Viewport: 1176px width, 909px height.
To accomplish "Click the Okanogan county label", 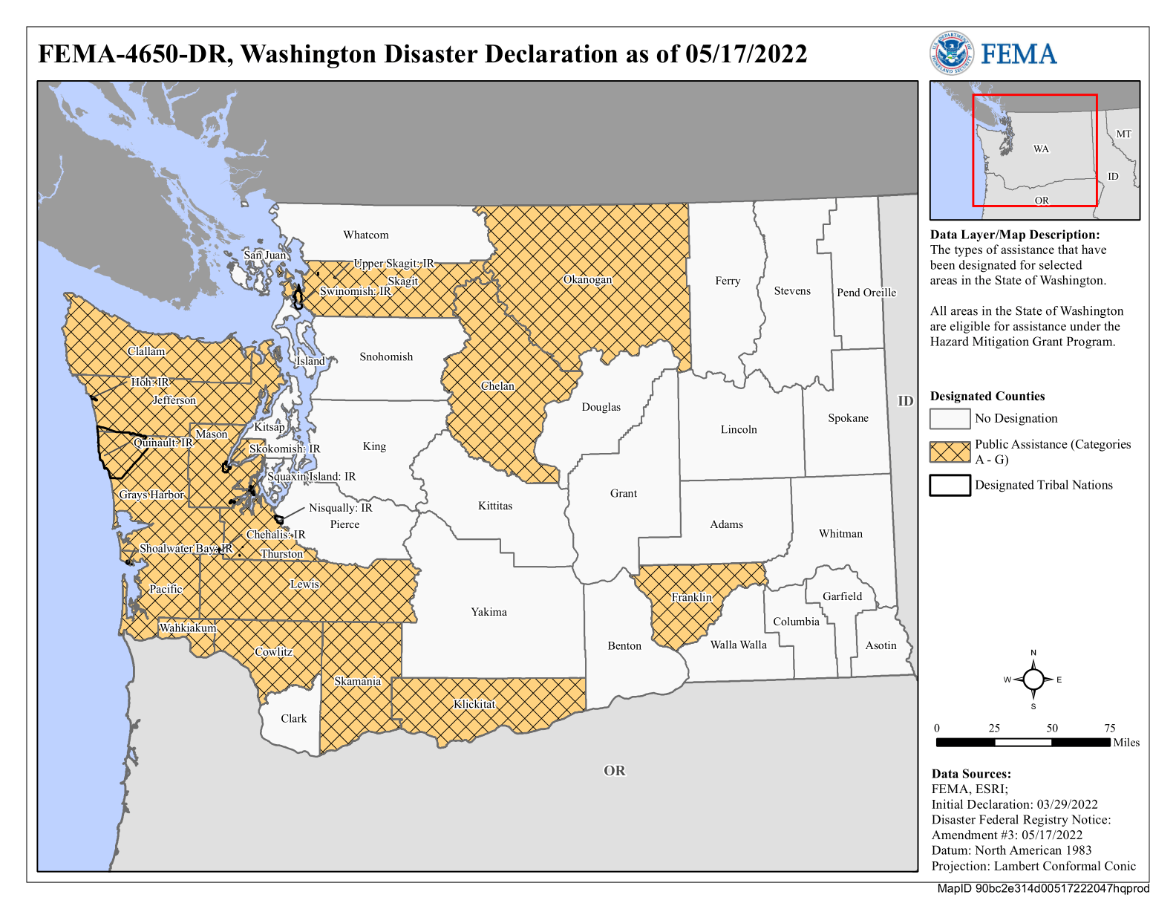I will (x=587, y=280).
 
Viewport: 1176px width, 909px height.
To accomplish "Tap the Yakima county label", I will (x=489, y=612).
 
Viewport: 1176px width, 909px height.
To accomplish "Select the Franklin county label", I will (x=691, y=597).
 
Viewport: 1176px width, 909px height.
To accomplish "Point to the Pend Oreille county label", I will (x=866, y=293).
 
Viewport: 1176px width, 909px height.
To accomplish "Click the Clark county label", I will (x=293, y=718).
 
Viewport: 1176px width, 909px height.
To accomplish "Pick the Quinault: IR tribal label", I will (x=163, y=443).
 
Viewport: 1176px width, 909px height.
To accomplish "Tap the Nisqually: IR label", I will (x=341, y=508).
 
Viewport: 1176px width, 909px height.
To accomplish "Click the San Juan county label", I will (x=265, y=255).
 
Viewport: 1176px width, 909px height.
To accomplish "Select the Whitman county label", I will (x=840, y=533).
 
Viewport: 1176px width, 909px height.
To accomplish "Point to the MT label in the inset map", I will (x=1123, y=134).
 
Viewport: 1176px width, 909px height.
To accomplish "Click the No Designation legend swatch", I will (x=950, y=419).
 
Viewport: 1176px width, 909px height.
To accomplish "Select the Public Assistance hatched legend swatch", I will (x=950, y=452).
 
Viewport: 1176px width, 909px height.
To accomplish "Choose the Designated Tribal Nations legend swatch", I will (x=950, y=485).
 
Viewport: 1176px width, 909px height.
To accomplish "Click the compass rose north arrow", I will (x=1033, y=679).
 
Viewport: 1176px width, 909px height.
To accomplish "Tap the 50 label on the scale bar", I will (x=1052, y=728).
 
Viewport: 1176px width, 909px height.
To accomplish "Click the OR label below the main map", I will (x=614, y=771).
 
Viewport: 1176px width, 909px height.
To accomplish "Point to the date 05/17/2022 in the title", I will (x=746, y=54).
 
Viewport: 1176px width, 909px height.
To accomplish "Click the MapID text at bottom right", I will (x=1042, y=888).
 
